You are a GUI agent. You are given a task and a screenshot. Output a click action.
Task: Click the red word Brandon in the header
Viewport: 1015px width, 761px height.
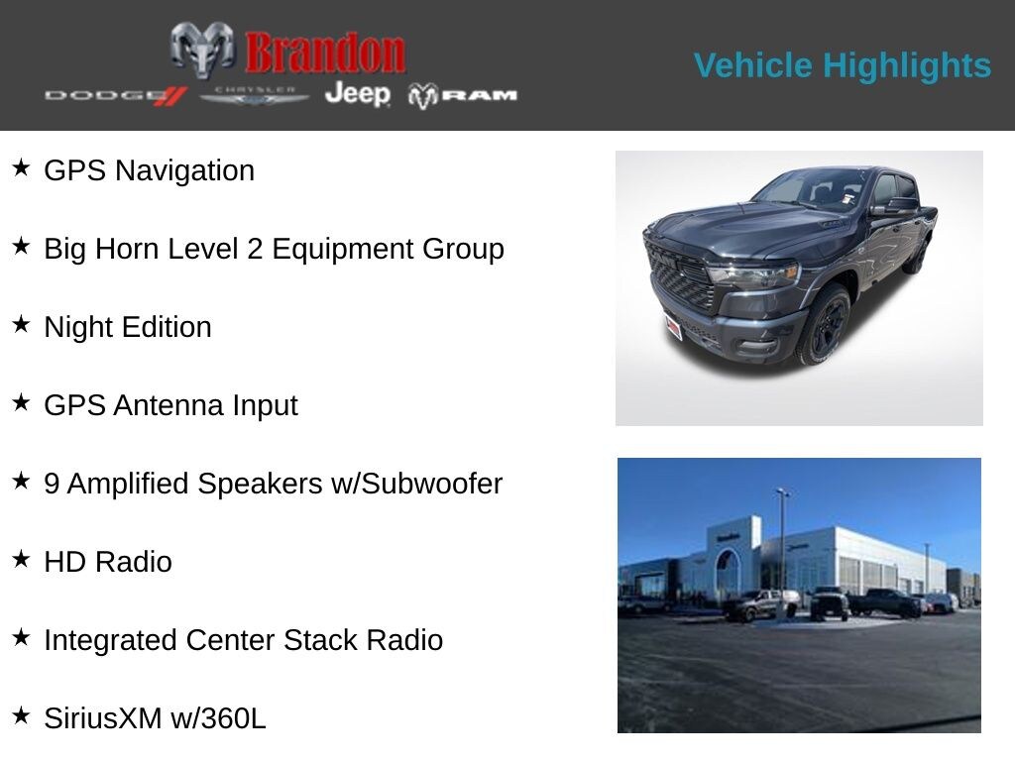[x=325, y=53]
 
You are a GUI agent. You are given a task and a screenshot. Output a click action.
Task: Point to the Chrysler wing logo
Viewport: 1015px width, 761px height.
[x=255, y=95]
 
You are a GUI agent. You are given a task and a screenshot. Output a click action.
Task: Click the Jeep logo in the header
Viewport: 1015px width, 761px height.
[x=357, y=94]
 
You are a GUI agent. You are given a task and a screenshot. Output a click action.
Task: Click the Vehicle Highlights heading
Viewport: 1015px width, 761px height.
[x=843, y=65]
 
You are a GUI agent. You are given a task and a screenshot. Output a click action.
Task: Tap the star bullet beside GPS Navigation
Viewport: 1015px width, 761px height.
[x=21, y=167]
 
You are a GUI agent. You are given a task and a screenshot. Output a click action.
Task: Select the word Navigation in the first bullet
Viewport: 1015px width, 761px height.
[x=184, y=170]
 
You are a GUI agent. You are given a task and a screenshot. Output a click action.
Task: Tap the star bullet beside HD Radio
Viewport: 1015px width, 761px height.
[x=21, y=559]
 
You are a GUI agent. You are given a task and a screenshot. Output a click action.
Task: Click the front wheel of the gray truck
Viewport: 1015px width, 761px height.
[x=825, y=324]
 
